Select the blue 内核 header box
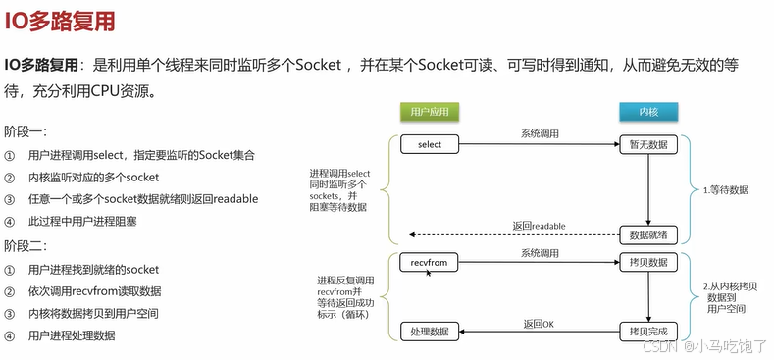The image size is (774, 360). coord(648,112)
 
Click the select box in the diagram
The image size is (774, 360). coord(430,145)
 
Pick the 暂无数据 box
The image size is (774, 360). coord(648,145)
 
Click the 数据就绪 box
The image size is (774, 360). coord(648,235)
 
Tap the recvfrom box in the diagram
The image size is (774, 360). coord(430,263)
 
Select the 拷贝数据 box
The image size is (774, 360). coord(648,263)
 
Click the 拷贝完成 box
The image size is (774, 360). coord(648,333)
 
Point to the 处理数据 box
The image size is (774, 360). coord(430,333)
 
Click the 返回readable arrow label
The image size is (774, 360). coord(539,226)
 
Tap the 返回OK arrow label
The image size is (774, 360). coord(539,323)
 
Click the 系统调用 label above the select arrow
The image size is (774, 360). coord(539,133)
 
